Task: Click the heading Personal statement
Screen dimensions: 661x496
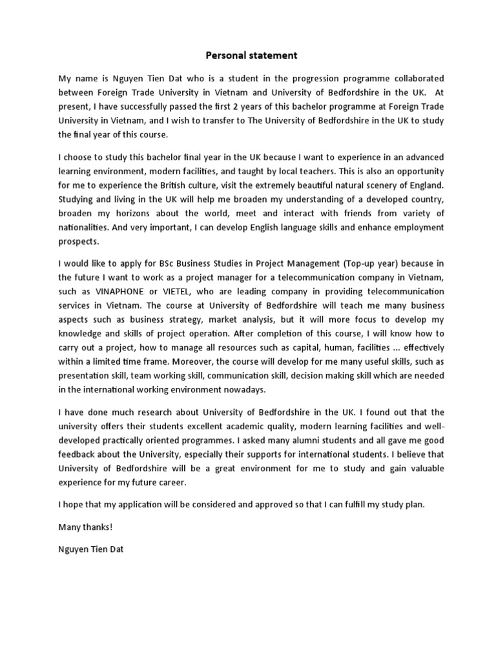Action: pos(248,55)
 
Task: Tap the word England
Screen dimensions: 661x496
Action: pos(421,185)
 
